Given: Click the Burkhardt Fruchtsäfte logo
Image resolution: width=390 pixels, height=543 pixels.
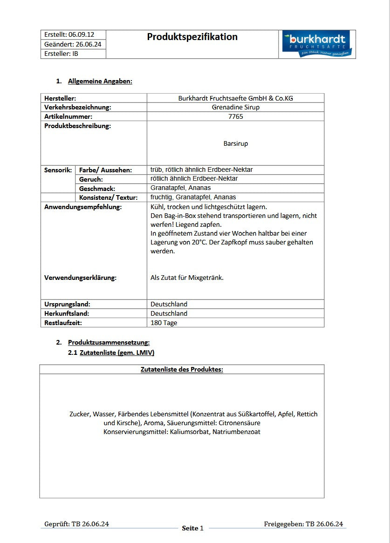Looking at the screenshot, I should (317, 44).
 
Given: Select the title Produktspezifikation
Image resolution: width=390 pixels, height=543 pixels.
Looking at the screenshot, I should (192, 37).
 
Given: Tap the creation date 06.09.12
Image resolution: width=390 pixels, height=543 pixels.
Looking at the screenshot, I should (81, 34).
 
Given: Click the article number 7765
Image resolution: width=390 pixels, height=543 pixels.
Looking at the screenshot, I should (235, 116).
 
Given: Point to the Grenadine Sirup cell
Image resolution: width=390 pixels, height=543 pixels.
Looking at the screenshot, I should (235, 107).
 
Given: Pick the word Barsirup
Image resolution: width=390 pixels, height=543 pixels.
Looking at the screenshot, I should (235, 143).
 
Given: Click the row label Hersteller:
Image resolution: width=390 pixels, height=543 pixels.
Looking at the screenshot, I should (60, 98).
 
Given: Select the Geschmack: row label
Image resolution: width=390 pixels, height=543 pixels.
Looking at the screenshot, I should (97, 189).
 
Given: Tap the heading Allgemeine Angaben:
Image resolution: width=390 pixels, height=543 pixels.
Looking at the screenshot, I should (100, 81).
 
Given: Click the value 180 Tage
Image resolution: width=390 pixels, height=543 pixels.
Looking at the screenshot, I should (164, 323).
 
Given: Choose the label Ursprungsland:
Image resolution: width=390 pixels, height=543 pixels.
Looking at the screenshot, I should (67, 304).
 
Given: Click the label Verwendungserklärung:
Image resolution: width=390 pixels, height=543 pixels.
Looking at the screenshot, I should (80, 278).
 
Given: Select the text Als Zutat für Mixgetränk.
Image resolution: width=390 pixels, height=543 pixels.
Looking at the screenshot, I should (187, 278).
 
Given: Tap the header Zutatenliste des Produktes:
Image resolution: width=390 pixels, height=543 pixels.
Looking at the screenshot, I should (182, 369).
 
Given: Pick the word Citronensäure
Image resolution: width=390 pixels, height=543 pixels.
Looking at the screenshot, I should (239, 423).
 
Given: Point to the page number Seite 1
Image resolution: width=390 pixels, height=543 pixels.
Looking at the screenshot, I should (192, 528).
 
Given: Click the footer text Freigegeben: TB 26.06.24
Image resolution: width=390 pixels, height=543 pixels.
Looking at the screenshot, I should (303, 524).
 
